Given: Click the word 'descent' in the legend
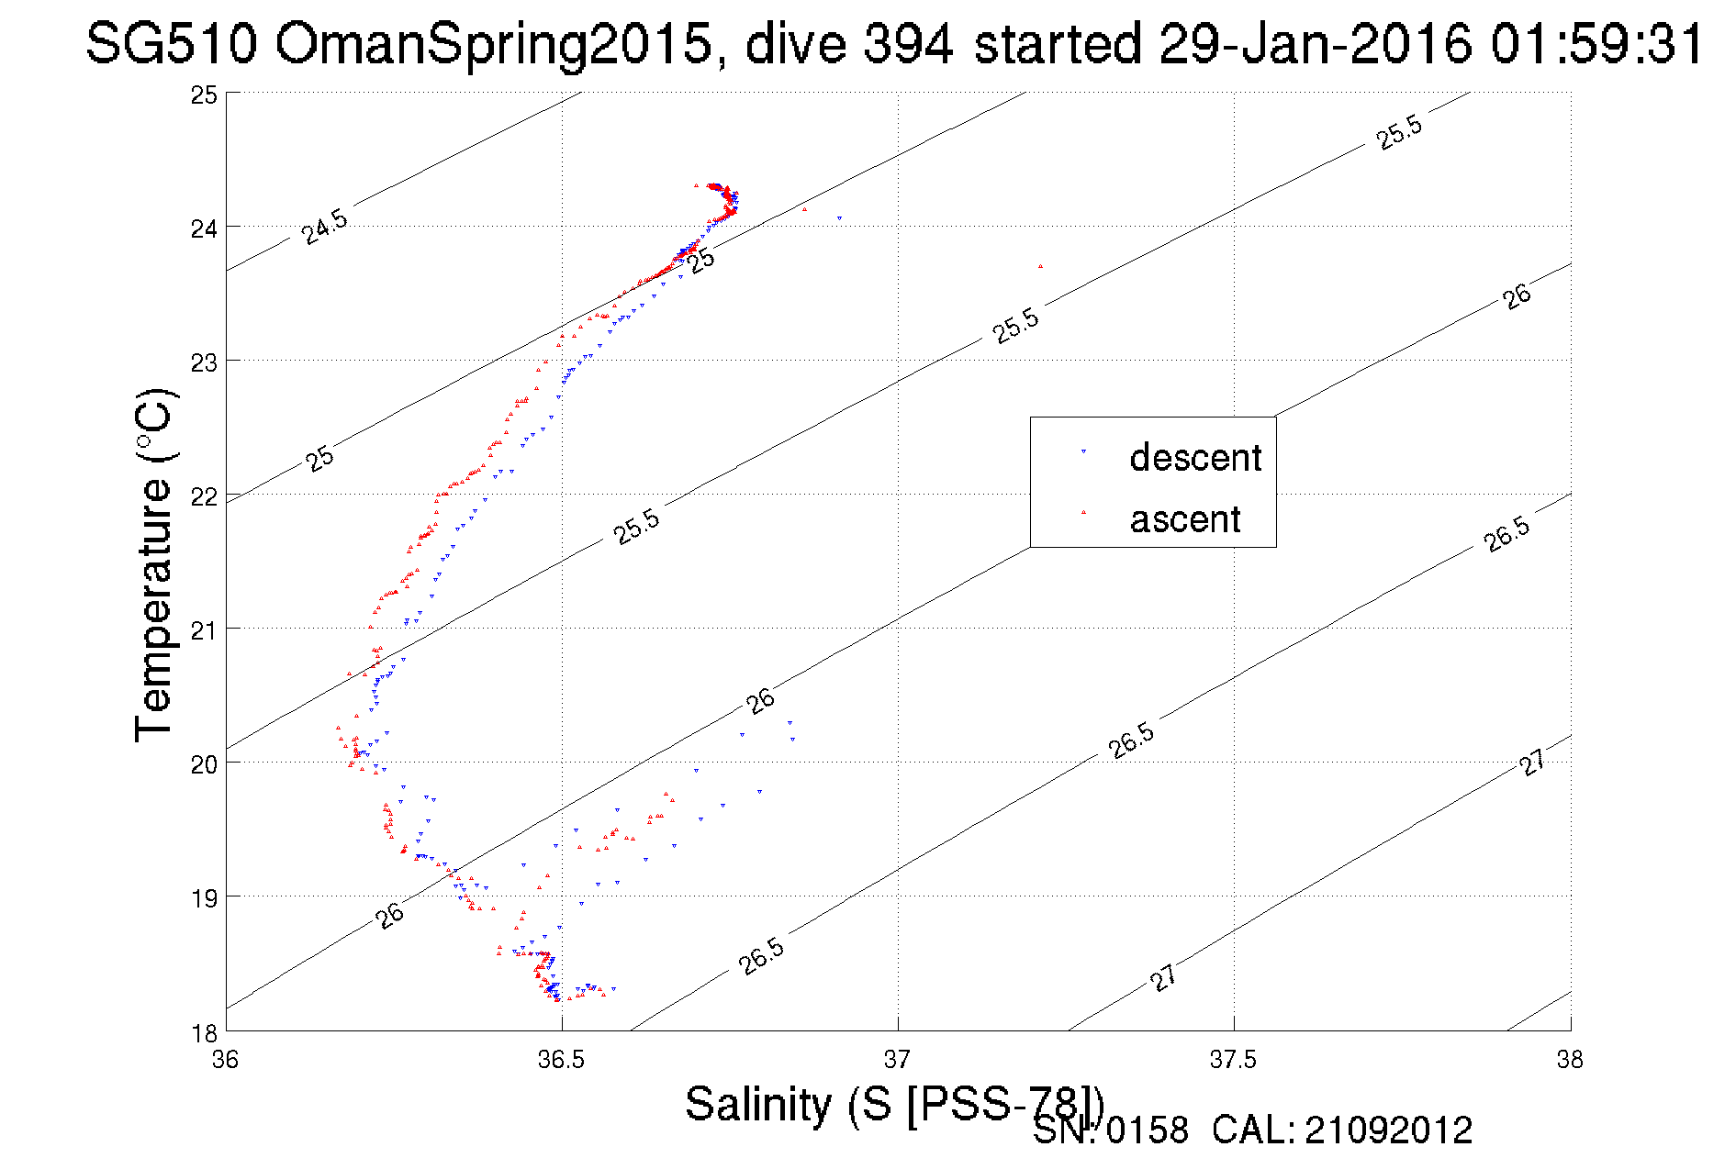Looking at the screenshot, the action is [1195, 457].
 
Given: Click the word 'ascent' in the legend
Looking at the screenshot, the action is [1185, 519].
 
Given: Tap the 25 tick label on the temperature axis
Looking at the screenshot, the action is [204, 95].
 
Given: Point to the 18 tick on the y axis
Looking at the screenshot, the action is [204, 1033].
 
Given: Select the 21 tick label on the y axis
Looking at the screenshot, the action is [204, 630].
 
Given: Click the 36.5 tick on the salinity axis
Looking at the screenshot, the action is [561, 1060].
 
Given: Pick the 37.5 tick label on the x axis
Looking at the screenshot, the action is [1233, 1060].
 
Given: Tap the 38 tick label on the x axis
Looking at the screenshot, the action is [1570, 1060].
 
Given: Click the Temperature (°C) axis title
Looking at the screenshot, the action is [153, 564].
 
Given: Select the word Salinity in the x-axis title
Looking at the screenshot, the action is [758, 1103].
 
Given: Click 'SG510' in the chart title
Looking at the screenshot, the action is [172, 43].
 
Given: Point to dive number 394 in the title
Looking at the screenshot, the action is [906, 43].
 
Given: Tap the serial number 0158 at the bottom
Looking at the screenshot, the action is [1147, 1130].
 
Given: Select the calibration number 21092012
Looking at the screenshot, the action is [1388, 1130].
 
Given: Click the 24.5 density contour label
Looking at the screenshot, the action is [325, 227].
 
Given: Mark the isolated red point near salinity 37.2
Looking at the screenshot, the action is [1040, 266].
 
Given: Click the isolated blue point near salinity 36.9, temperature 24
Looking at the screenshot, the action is [839, 218].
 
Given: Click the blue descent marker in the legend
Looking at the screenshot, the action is [1083, 451].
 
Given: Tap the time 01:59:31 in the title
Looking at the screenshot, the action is [1596, 43].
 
